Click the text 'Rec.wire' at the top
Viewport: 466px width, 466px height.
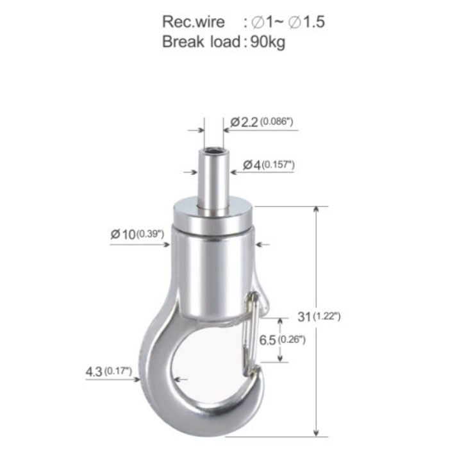pyautogui.click(x=194, y=22)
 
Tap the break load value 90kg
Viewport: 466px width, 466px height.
pyautogui.click(x=268, y=42)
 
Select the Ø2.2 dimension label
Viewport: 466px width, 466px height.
pyautogui.click(x=244, y=122)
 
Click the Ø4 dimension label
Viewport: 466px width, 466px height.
pyautogui.click(x=251, y=165)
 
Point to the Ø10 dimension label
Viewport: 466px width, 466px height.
pyautogui.click(x=123, y=234)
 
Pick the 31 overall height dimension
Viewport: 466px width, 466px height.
pyautogui.click(x=304, y=317)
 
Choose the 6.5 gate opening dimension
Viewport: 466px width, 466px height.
pyautogui.click(x=267, y=340)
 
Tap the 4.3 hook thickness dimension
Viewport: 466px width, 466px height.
pyautogui.click(x=94, y=372)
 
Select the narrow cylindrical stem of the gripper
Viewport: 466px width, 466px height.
pyautogui.click(x=213, y=181)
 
